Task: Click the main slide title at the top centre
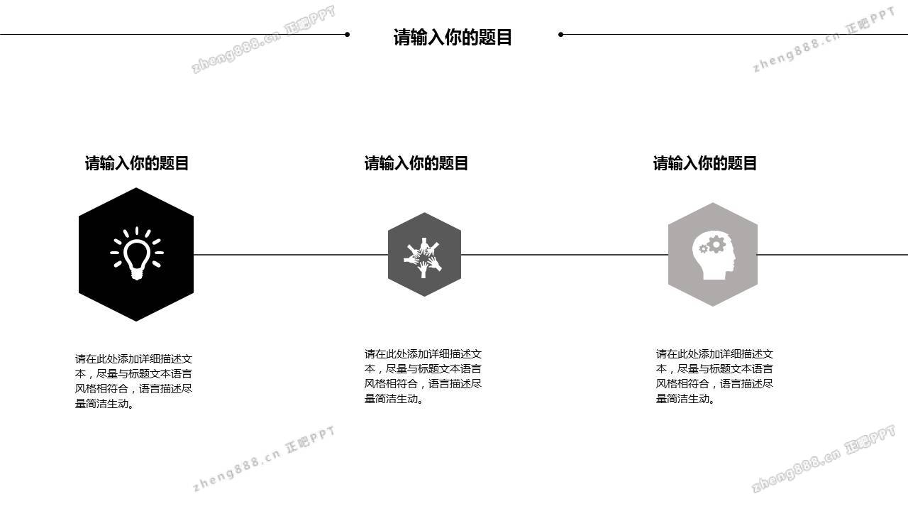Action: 453,37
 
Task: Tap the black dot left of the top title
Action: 347,35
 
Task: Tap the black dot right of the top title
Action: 560,35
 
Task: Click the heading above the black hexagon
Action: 137,163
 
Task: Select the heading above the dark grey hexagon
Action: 416,163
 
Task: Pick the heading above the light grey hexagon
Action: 704,163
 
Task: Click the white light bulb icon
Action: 137,253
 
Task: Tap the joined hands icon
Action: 423,257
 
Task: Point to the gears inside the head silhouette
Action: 712,245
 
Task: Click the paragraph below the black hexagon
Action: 133,381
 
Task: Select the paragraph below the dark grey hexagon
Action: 423,376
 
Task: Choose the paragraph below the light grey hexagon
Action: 714,376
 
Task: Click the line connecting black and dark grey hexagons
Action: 291,255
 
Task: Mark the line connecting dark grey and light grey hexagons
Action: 564,255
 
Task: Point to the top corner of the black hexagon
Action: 136,188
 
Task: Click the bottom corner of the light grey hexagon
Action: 713,306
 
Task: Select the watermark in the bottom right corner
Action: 824,458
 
